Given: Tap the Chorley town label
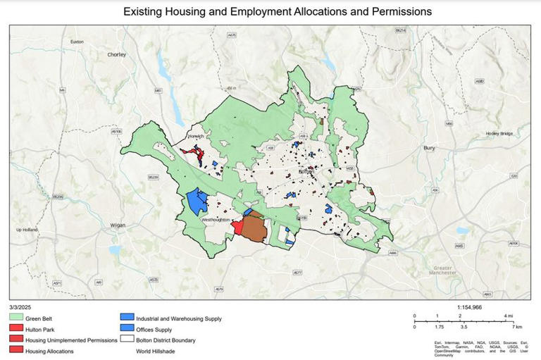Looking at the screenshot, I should [x=116, y=54].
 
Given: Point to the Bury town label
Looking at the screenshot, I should [x=429, y=149].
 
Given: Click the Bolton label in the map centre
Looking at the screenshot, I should [x=306, y=171].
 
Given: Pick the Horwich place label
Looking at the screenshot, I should [x=195, y=136].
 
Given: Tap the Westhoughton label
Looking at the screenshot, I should [x=217, y=221].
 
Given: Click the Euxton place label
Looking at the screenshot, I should [x=77, y=42].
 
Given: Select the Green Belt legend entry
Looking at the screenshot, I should [x=38, y=318].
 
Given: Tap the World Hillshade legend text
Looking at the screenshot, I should [x=157, y=350].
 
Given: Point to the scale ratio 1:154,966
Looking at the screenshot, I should [x=470, y=307].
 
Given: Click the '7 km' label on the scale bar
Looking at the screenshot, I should [x=518, y=328].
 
